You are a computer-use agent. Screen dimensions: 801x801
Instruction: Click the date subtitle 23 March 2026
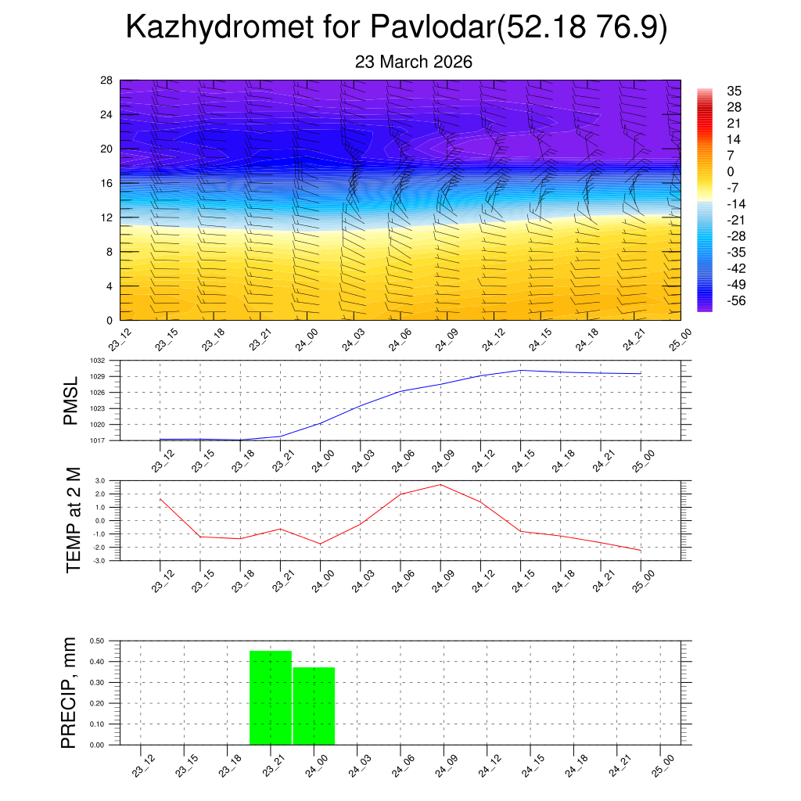coord(413,62)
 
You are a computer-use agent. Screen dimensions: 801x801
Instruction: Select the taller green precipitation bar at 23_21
coord(271,697)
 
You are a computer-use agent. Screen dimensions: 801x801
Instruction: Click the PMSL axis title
coord(71,401)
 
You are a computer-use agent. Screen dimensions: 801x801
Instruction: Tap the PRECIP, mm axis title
coord(70,693)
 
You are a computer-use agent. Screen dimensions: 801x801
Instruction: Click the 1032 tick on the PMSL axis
coord(96,361)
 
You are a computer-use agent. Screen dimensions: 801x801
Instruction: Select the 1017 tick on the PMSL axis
coord(96,440)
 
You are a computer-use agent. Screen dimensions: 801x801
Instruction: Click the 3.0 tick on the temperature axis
coord(100,481)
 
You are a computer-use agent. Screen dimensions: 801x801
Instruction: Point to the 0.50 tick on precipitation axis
coord(97,641)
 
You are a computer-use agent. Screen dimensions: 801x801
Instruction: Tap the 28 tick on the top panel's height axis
coord(106,81)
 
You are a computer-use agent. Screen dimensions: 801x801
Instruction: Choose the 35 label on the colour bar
coord(733,91)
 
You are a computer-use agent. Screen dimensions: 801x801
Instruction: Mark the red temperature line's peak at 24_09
coord(440,484)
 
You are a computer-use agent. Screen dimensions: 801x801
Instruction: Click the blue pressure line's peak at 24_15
coord(521,370)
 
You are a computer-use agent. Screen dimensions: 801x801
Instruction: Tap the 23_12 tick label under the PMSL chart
coord(163,462)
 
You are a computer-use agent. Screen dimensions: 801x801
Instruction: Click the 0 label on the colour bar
coord(731,171)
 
